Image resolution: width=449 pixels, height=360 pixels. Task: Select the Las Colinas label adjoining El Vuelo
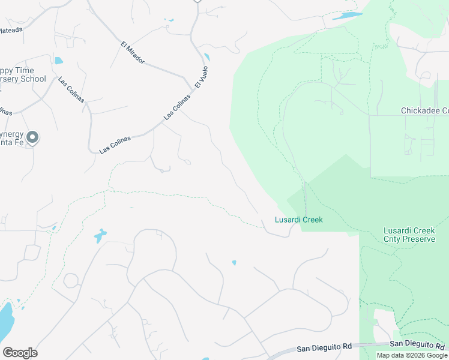pos(177,106)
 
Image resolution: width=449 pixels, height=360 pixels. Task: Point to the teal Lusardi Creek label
pos(299,220)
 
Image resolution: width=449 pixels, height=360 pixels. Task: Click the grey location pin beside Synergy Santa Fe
pos(33,137)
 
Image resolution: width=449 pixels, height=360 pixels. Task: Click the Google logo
pos(20,352)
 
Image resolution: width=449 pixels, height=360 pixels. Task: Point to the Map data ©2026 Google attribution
pos(412,355)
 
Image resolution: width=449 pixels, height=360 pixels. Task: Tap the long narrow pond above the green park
pos(348,16)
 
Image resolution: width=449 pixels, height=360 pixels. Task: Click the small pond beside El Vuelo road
pos(207,58)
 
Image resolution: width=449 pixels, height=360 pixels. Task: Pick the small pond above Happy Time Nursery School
pos(58,60)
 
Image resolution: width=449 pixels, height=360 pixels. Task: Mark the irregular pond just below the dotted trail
pos(100,235)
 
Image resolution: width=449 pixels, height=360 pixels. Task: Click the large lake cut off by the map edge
pos(4,320)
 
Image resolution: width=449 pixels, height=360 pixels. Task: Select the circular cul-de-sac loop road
pos(71,280)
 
